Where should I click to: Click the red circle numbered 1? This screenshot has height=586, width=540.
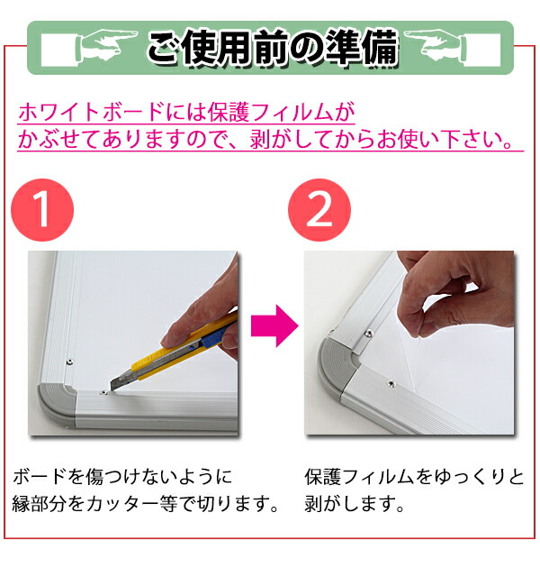click(42, 210)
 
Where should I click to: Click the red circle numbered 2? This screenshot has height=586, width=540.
click(319, 210)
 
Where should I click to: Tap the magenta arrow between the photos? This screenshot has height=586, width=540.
click(274, 325)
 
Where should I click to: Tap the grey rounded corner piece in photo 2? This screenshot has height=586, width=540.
click(335, 368)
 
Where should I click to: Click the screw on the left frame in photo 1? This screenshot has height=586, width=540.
click(69, 362)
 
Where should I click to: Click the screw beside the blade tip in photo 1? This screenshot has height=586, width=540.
click(103, 392)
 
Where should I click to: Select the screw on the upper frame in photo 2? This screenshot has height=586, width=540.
click(369, 333)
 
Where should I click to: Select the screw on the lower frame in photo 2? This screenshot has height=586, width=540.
click(391, 383)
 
